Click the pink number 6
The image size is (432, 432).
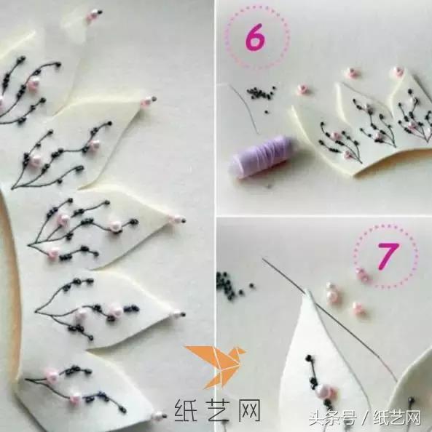254,39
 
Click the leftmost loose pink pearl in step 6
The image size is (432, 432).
302,89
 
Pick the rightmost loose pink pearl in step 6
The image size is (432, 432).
398,72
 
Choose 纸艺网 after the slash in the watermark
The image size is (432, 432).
400,418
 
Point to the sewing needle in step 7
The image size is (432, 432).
328,313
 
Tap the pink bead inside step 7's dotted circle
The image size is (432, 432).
362,274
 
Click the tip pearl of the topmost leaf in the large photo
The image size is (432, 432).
92,15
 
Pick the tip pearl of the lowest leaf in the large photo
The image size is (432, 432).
159,416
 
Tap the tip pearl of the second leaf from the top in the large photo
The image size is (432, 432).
146,103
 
